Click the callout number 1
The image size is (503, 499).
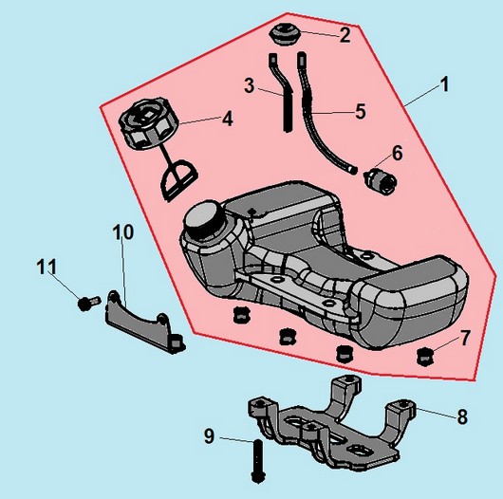point(444,84)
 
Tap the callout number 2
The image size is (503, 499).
point(345,35)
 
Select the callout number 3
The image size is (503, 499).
point(250,85)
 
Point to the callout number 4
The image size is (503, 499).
point(228,119)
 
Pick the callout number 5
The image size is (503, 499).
point(361,111)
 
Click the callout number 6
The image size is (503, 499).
point(397,153)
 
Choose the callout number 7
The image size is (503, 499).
point(465,338)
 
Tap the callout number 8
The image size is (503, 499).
point(462,416)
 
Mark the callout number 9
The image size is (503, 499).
point(209,436)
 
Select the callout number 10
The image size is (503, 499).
point(123,232)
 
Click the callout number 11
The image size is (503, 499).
point(47,267)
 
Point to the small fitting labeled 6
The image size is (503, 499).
point(381,179)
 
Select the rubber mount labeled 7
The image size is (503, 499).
point(425,357)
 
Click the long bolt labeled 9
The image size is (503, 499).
point(257,461)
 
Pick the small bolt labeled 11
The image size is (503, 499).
point(88,303)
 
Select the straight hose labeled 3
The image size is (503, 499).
point(284,91)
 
